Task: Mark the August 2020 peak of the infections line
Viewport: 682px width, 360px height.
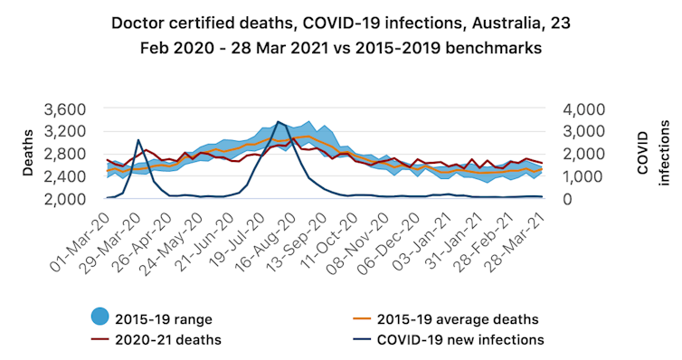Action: (278, 121)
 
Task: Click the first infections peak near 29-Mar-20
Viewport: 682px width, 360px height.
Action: (137, 140)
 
